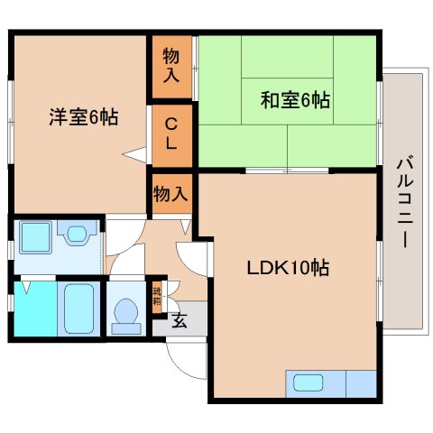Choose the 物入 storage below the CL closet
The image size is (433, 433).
(170, 192)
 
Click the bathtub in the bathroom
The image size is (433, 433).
(80, 309)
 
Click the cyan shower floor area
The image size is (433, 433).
(34, 309)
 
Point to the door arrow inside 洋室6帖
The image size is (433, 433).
(136, 154)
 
